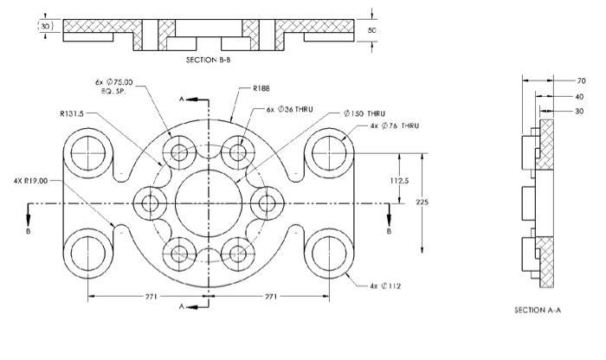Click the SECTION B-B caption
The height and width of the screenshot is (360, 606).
click(x=209, y=61)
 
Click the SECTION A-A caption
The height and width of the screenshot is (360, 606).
click(x=538, y=309)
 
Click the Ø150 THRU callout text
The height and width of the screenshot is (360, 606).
click(x=364, y=113)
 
